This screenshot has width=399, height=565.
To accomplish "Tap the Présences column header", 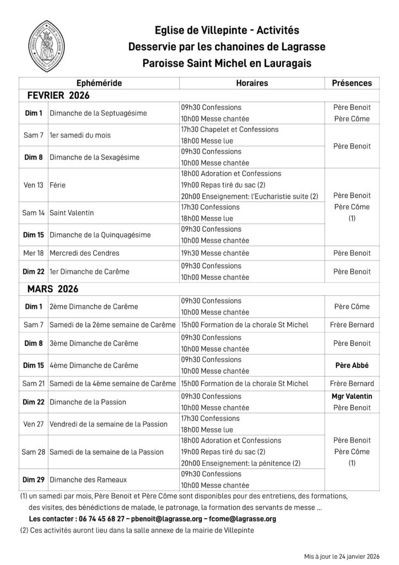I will click(352, 83).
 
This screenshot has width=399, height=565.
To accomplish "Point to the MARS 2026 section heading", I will click(53, 289).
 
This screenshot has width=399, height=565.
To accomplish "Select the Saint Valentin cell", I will click(72, 212).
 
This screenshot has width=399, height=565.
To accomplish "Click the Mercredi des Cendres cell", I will click(84, 253).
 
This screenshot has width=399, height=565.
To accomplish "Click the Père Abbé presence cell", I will click(352, 365).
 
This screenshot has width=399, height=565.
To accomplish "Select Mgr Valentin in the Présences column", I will click(352, 396).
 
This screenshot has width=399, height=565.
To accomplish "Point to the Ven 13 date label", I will click(33, 185).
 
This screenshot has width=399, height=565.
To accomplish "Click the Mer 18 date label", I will click(33, 253).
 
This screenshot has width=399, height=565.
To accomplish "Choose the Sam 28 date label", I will click(33, 451).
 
